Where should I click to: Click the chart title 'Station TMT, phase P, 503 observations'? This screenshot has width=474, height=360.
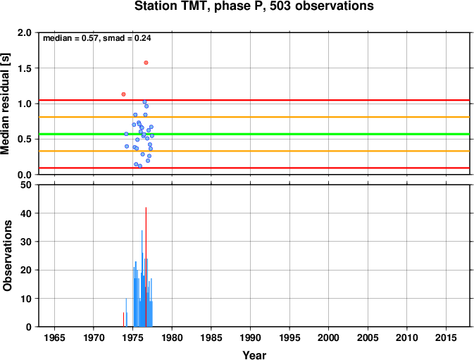254,6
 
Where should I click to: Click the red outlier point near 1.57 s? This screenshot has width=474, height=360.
146,63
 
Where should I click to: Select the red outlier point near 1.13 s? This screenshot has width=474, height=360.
123,94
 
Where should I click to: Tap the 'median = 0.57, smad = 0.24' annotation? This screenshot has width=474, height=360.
97,38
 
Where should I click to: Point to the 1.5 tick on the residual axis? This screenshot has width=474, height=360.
25,68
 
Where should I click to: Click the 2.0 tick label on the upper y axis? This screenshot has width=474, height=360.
25,32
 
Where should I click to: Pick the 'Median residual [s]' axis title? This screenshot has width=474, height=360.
6,104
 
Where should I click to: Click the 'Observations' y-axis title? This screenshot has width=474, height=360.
7,256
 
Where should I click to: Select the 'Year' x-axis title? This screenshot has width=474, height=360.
254,355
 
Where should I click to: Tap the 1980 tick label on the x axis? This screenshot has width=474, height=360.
172,337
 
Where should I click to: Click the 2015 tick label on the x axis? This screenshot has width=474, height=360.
447,337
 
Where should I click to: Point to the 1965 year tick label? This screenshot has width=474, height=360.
54,337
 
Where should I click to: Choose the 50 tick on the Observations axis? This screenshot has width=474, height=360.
27,185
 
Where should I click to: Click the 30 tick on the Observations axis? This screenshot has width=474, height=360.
27,242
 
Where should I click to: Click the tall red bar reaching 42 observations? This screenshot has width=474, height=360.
146,267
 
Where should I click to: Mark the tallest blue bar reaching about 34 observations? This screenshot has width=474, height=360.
142,278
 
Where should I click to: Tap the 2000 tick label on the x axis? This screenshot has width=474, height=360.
329,337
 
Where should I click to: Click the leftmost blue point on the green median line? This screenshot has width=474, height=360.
126,134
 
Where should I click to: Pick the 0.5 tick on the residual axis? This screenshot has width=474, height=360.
25,139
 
